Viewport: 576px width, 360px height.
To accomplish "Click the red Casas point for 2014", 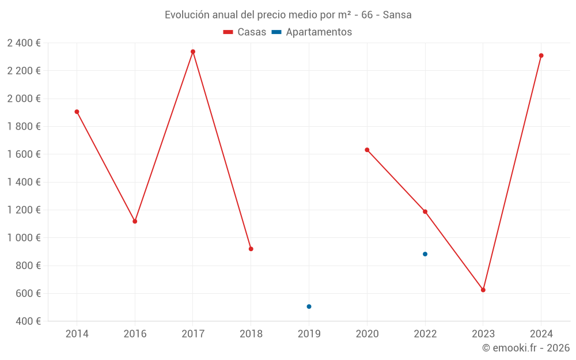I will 77,112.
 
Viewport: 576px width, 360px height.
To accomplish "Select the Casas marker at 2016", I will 135,221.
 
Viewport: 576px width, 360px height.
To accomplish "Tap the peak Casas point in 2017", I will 193,52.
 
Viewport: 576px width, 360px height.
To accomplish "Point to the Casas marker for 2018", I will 251,249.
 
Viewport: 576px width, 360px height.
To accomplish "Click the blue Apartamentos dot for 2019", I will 309,306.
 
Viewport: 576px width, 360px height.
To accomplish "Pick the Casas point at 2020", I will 367,150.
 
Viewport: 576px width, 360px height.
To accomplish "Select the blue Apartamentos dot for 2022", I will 425,254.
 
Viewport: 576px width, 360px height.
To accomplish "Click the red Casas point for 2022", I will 425,211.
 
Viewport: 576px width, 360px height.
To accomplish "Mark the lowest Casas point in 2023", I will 483,290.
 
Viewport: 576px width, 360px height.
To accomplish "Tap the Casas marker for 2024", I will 541,56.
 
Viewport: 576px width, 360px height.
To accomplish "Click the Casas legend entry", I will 245,32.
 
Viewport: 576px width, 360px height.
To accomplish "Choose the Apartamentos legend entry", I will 312,32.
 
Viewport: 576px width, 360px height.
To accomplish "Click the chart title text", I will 288,15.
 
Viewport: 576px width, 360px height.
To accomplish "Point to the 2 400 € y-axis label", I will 24,43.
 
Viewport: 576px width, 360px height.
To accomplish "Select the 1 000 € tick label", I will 24,238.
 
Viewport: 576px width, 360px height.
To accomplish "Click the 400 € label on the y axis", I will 27,321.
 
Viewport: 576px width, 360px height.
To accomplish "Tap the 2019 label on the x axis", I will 309,334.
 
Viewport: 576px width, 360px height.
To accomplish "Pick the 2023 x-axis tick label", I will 483,334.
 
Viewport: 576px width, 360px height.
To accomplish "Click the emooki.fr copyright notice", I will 525,348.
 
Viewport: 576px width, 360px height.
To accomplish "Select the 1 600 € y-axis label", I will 24,154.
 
